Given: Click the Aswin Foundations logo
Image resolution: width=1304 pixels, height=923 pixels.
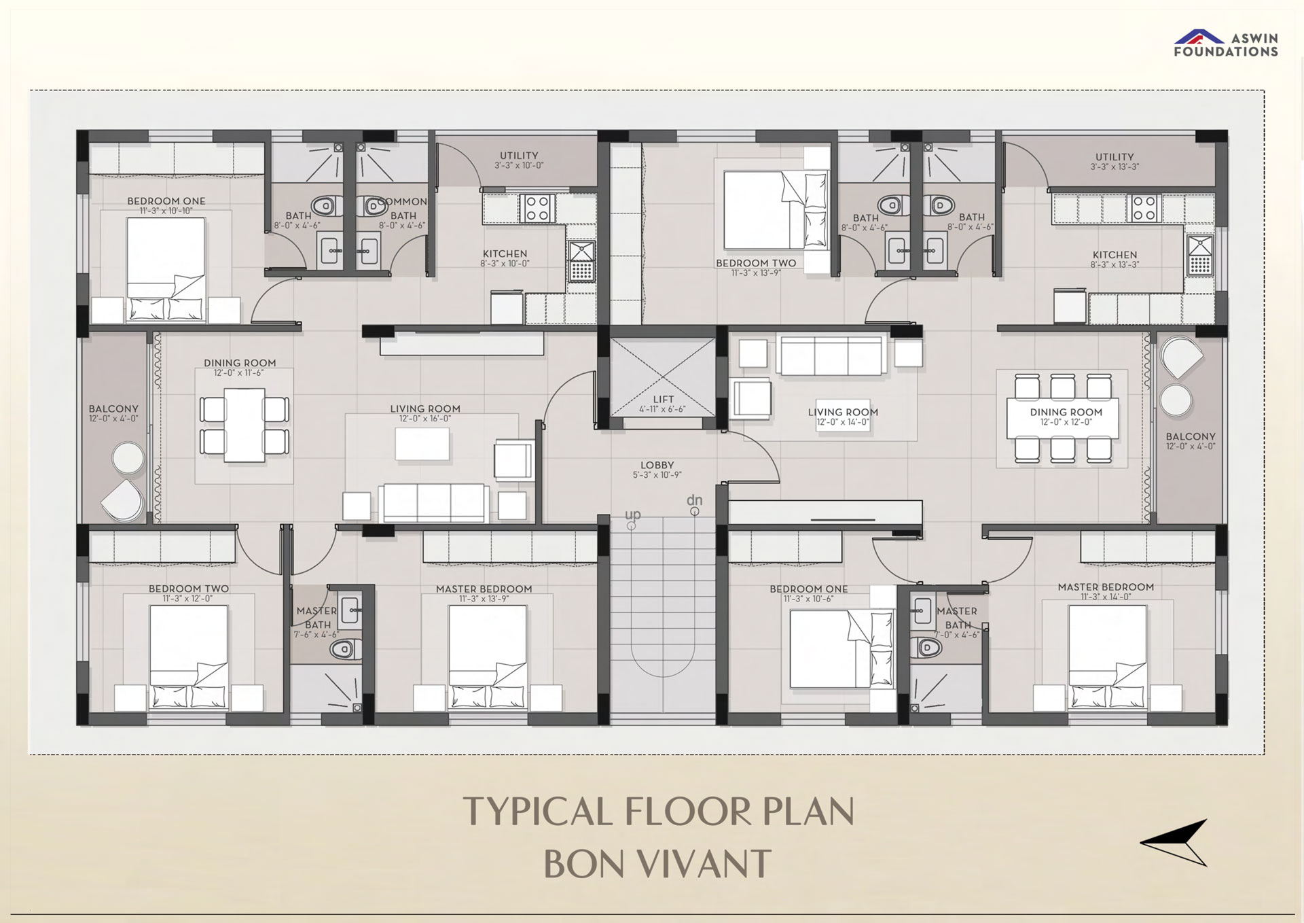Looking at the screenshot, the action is point(1226,43).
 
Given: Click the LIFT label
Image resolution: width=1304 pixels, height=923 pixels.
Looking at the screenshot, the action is point(664,400).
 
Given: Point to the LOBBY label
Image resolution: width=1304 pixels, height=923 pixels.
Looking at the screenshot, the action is point(657,466).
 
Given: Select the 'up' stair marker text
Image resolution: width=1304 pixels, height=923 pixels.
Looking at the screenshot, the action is point(633,515).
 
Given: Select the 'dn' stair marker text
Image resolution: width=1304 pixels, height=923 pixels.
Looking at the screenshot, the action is point(694,500).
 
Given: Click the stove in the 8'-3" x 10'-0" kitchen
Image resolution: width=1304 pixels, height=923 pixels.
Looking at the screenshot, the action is point(537,209).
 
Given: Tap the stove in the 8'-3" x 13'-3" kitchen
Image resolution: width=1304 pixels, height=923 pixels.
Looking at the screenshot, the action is point(1144,209).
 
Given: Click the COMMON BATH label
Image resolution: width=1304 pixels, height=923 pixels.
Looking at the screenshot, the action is point(403,209).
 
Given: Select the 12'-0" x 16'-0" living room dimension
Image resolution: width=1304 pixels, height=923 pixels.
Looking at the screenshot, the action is point(425,419).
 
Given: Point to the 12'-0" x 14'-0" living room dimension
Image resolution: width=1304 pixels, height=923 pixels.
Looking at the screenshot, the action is point(843,422).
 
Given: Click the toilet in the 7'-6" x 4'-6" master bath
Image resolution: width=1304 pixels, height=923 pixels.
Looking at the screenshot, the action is point(345,649).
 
